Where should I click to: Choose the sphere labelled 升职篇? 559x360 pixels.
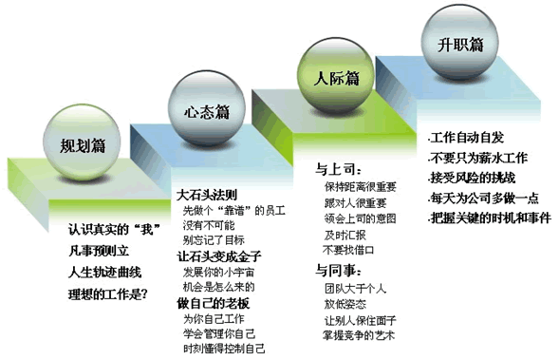(x=464, y=44)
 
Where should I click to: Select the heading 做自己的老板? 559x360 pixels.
(x=213, y=303)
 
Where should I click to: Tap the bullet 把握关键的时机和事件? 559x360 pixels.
(x=494, y=218)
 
